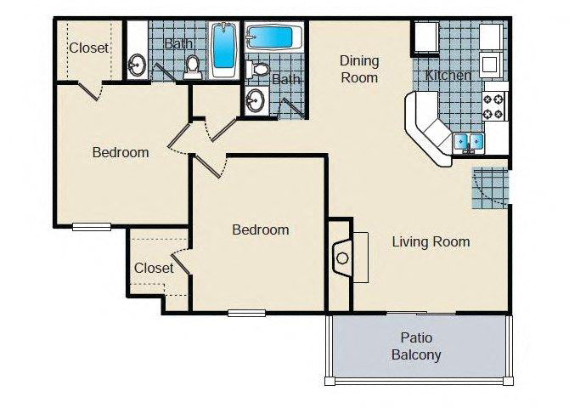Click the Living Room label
[431, 241]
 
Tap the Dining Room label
[358, 69]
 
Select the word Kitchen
[448, 76]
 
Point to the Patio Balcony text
[416, 347]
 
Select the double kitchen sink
[468, 141]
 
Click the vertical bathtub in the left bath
[223, 49]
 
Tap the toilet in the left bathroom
[193, 66]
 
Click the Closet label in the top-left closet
[88, 48]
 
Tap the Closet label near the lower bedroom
[154, 268]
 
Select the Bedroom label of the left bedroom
[121, 153]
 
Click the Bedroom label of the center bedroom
[261, 229]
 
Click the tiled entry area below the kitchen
[490, 188]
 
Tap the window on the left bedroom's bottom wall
[92, 226]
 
